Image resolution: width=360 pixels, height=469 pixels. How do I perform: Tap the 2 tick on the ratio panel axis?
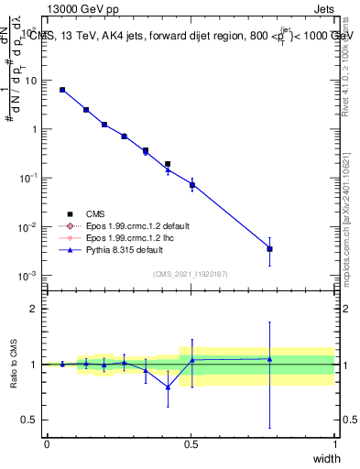point(37,309)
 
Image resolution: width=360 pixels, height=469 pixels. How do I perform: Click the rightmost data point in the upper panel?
point(269,248)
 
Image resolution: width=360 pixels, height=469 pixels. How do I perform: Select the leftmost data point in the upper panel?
point(61,90)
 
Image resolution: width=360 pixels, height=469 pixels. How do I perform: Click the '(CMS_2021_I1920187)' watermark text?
point(191,273)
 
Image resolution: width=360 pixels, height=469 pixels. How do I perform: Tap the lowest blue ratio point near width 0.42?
point(168,387)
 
